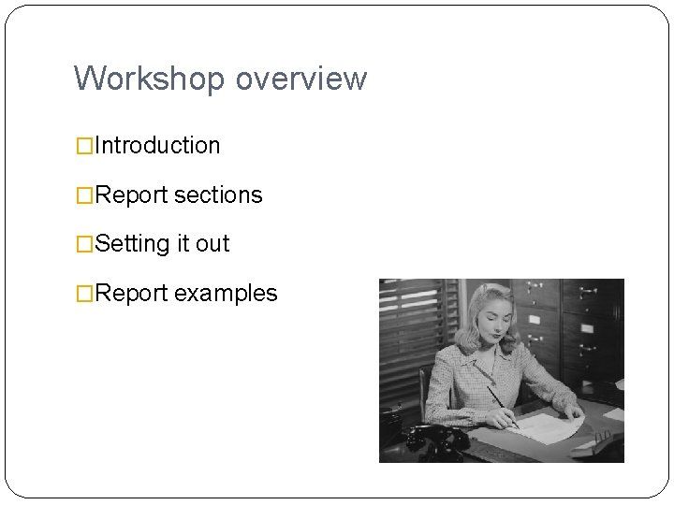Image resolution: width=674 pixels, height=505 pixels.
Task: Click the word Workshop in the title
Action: click(150, 79)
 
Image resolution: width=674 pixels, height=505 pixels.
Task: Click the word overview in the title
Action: click(300, 79)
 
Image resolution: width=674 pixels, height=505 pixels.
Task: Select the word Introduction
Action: click(157, 146)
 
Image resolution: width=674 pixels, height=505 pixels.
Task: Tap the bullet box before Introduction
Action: click(84, 146)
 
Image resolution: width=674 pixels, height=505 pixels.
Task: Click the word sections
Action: click(218, 195)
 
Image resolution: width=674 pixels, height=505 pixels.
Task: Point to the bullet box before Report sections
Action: click(84, 195)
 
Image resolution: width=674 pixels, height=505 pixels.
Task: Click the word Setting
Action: click(133, 244)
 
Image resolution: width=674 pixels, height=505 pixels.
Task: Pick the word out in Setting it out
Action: click(212, 244)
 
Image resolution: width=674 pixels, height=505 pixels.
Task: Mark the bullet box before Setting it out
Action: click(84, 244)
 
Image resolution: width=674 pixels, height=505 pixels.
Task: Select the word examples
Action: click(226, 294)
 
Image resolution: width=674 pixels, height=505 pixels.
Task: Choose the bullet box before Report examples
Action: click(84, 294)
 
